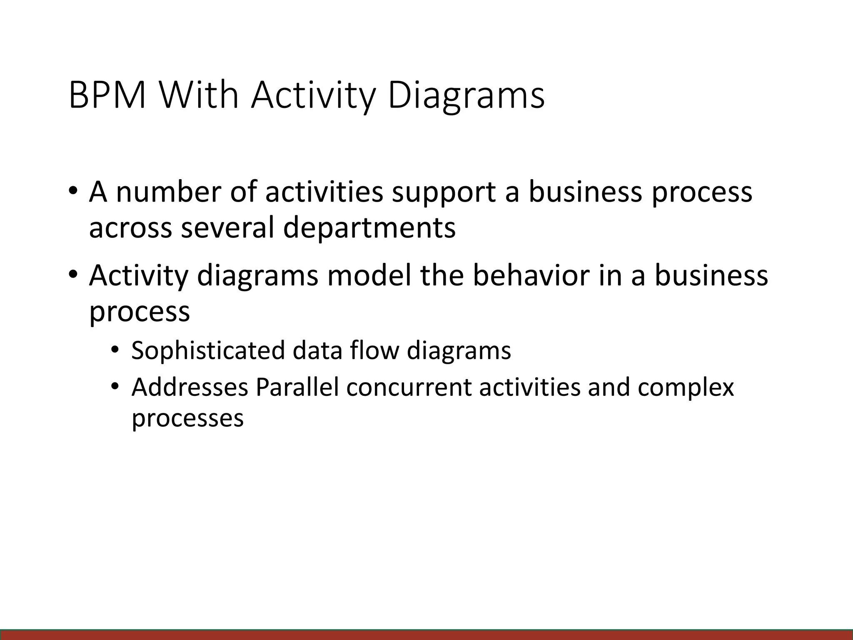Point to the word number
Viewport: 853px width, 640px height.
168,192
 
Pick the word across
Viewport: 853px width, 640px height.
130,229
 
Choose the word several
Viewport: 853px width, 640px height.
227,228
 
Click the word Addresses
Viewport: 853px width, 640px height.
190,387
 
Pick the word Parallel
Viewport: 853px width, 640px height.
297,387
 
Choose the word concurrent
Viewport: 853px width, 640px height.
409,388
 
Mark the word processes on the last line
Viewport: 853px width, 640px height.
187,419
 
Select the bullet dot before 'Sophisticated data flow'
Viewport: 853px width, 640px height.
115,350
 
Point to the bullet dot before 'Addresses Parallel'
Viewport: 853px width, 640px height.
115,387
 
